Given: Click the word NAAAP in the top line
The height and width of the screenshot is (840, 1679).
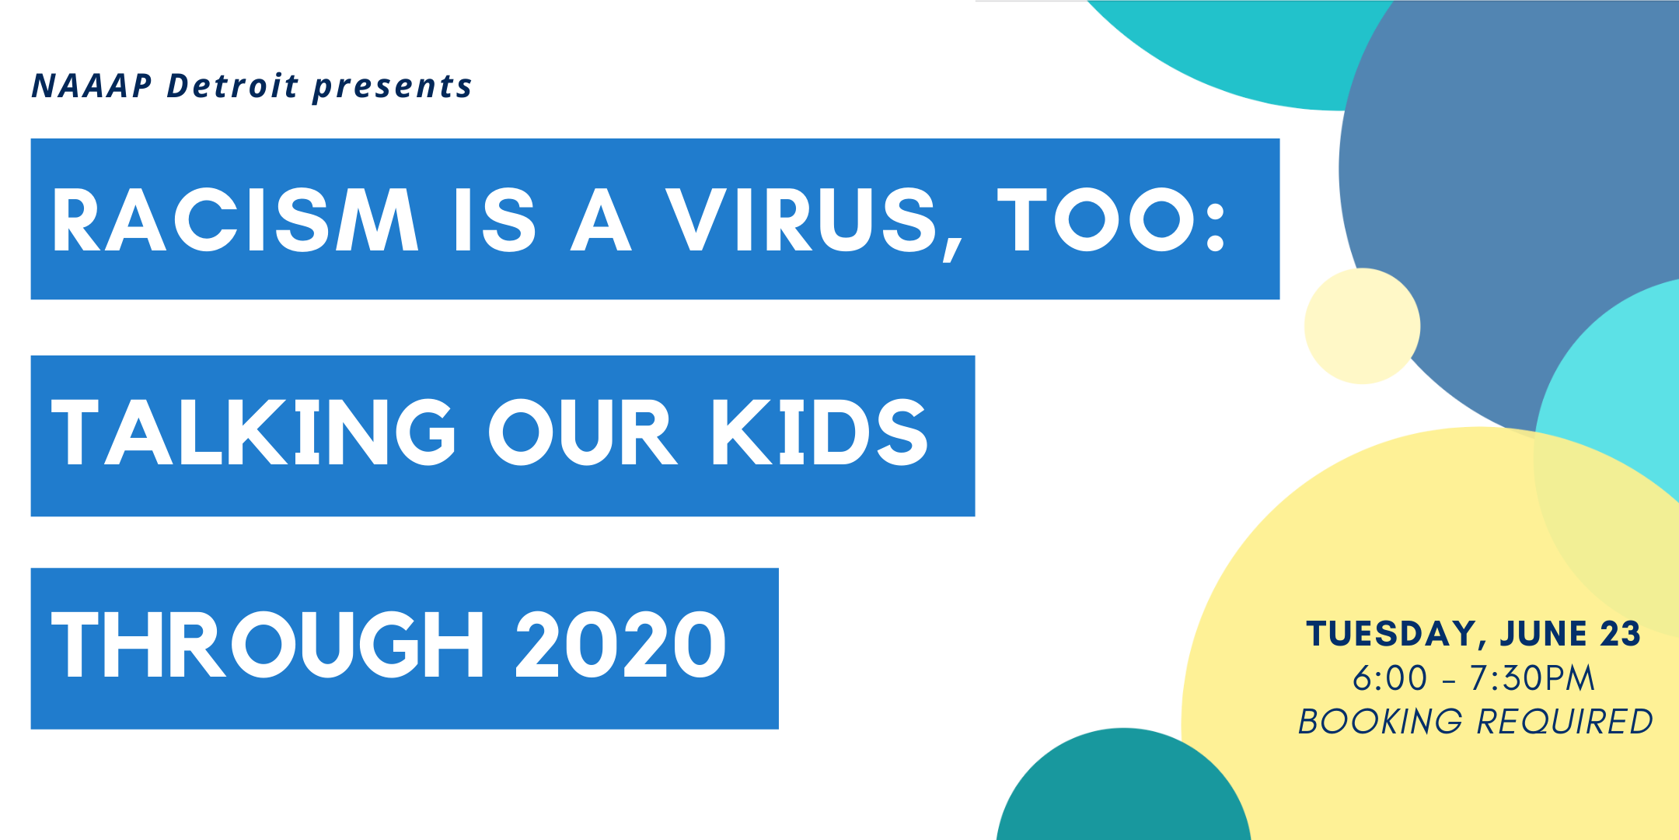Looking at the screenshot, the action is [92, 86].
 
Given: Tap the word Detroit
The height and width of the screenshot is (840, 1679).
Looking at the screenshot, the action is [232, 85].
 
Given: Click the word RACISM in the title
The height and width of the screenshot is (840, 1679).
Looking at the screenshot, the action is [236, 220].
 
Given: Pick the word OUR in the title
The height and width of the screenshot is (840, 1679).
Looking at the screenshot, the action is [583, 432].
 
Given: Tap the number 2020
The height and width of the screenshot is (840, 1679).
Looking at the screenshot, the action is [620, 644].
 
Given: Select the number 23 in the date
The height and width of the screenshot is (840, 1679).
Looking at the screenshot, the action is [1620, 634].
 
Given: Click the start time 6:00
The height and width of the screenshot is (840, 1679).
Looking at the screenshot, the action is [1390, 678].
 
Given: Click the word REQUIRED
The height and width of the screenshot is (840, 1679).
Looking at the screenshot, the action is [1565, 722].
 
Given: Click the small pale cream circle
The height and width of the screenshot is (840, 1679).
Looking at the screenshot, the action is [1362, 326].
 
